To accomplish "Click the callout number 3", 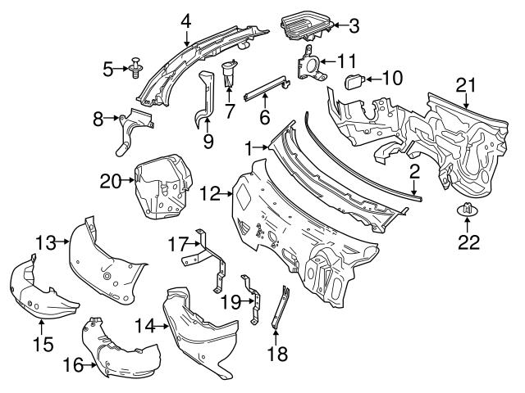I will [354, 26].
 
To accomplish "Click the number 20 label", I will [110, 181].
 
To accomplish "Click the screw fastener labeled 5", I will [135, 70].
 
